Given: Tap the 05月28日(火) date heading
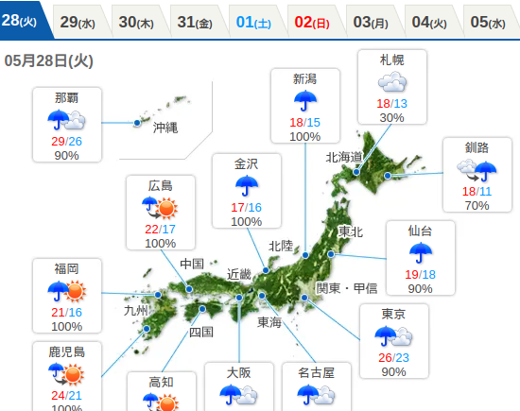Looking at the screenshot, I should [48, 61].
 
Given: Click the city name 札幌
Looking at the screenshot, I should [391, 60].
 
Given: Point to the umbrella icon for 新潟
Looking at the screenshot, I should [305, 100].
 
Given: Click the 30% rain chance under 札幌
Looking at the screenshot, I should [391, 117].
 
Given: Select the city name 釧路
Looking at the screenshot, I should [477, 147].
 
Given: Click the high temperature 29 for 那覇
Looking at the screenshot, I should [59, 141].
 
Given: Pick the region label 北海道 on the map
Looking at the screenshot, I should [344, 157].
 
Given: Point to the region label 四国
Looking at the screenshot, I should [201, 332].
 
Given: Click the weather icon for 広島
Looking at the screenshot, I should [161, 208].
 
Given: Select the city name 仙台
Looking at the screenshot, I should [420, 231].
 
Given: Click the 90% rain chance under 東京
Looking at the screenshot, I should [393, 371].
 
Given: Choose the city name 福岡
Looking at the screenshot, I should [66, 268].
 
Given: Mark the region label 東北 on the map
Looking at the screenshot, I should [350, 231].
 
